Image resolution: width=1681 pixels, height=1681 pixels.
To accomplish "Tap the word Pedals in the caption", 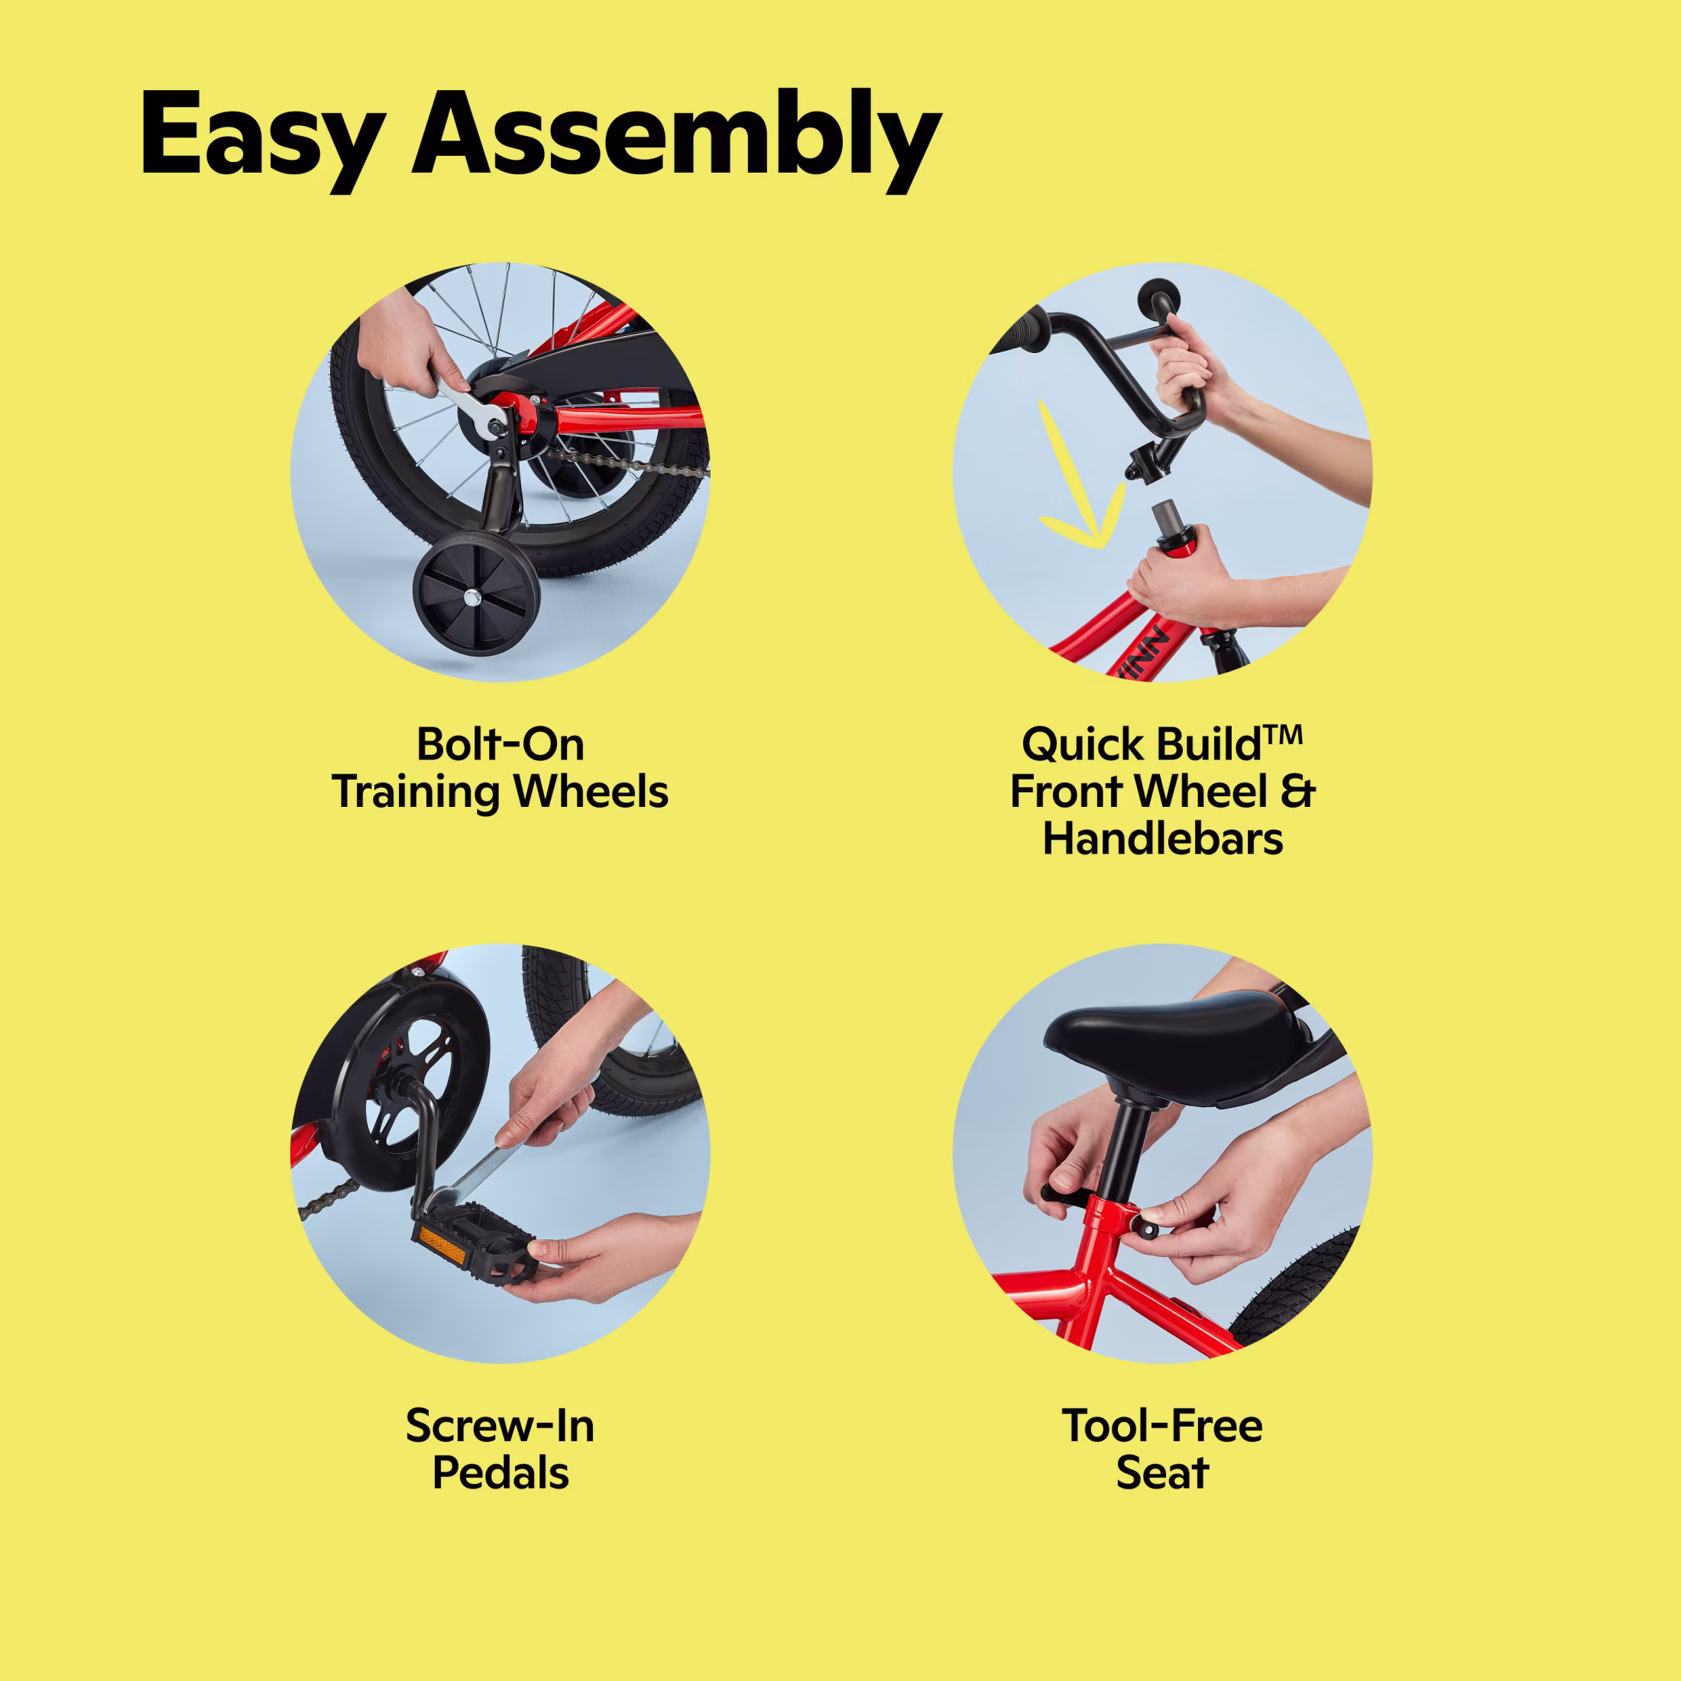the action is (x=500, y=1472).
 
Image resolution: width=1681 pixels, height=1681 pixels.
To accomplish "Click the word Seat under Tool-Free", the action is (x=1162, y=1472).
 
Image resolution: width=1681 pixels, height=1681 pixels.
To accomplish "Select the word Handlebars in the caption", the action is (x=1162, y=839).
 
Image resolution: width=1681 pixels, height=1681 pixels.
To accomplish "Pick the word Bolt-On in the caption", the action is (x=500, y=745).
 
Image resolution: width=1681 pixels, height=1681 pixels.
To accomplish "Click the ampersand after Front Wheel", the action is (x=1298, y=792).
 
